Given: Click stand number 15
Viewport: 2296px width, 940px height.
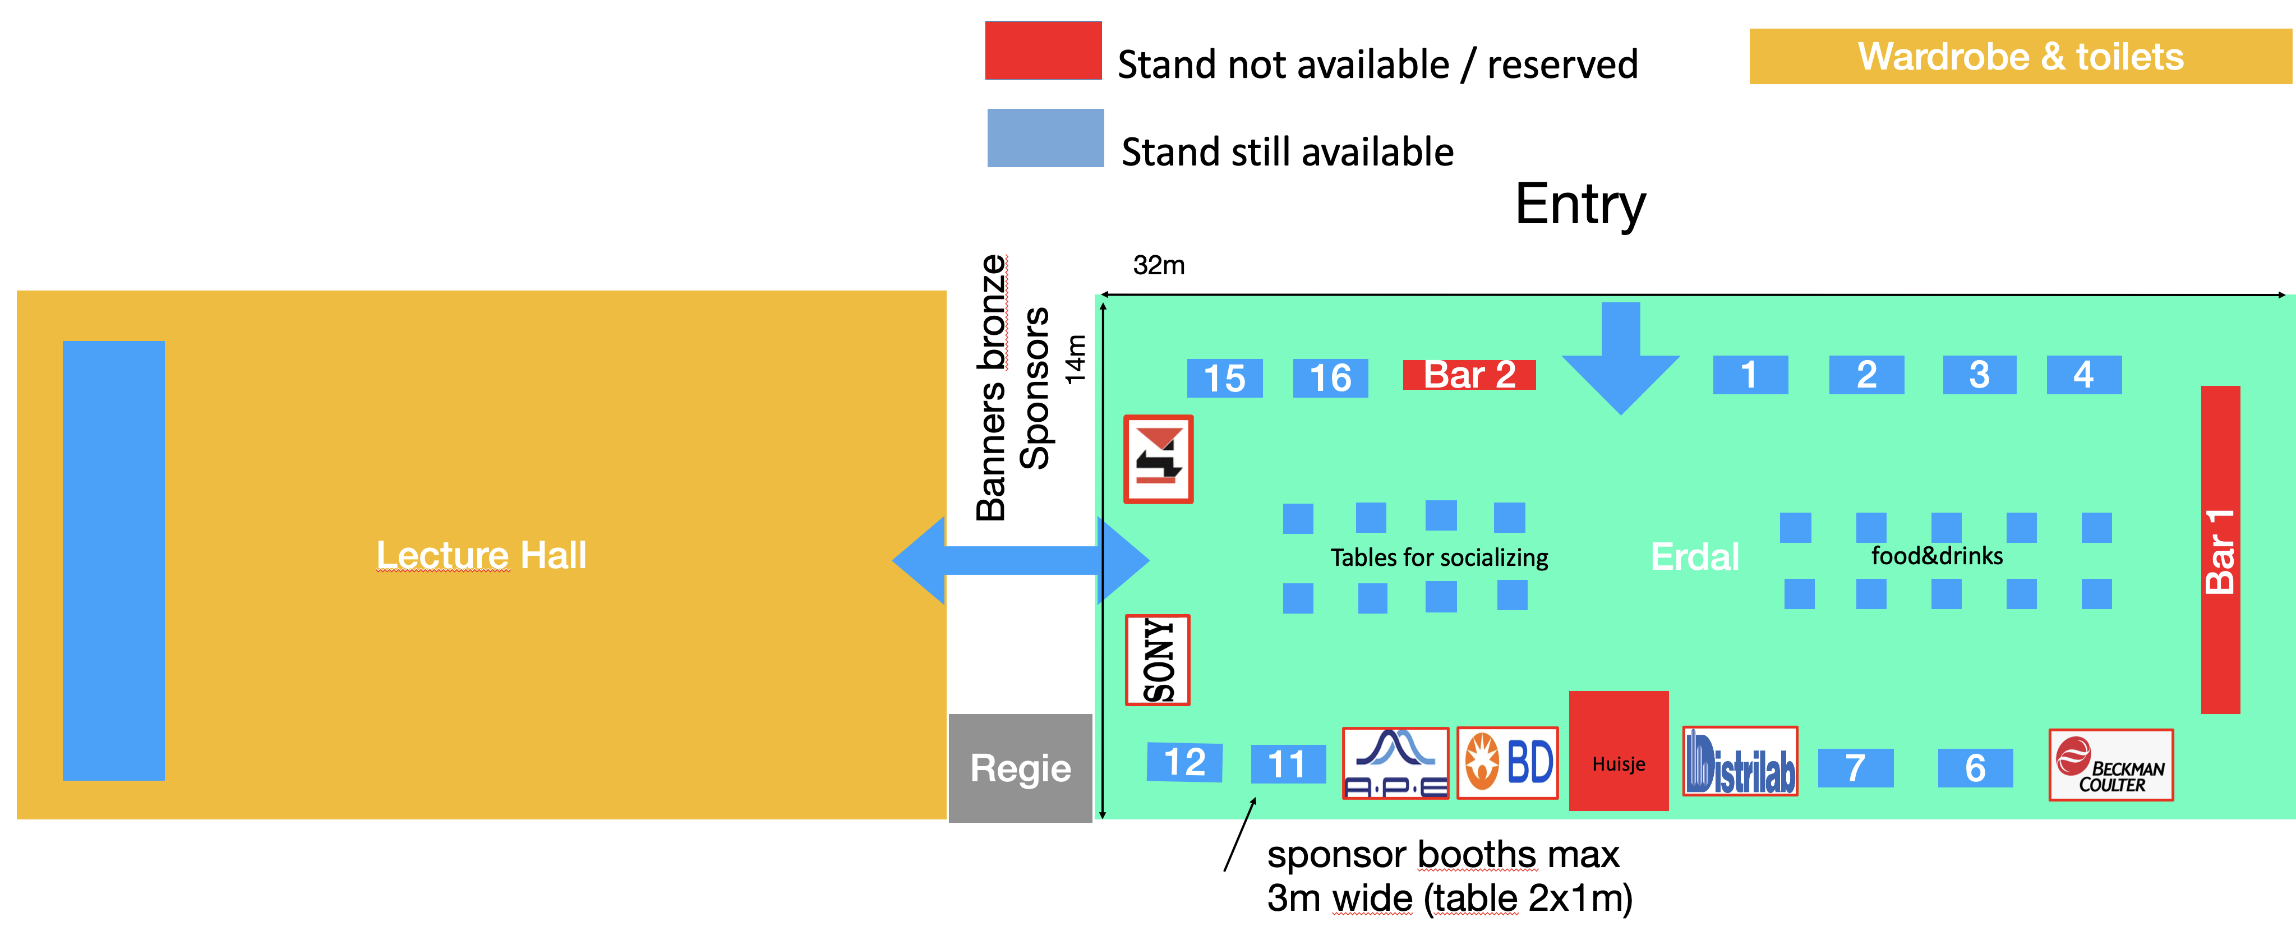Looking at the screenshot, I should click(1225, 379).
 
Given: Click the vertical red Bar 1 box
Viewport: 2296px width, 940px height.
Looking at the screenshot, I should click(2219, 550).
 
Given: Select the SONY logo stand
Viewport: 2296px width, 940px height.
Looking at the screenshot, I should click(1158, 660).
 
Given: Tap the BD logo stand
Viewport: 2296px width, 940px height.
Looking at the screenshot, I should click(1507, 763).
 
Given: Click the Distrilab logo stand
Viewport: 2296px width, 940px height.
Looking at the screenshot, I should click(1739, 762).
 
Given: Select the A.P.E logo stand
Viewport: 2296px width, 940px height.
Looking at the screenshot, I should click(1395, 763).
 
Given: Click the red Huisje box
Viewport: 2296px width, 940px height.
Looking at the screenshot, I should click(1618, 751).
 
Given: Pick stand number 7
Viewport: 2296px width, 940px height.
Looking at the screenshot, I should click(1855, 768).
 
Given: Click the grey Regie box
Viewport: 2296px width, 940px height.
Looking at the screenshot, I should click(1020, 768).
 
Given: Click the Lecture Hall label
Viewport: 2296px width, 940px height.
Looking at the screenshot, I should click(481, 555).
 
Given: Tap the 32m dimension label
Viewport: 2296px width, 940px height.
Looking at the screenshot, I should click(1158, 265).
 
